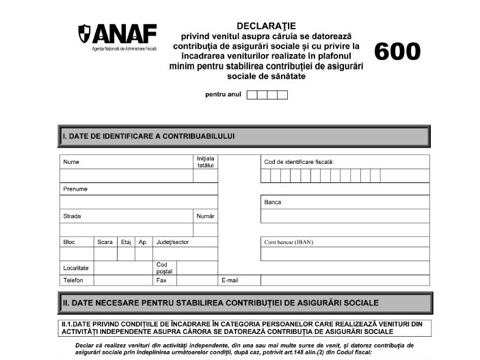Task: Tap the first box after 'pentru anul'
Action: click(252, 95)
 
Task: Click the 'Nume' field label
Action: click(71, 163)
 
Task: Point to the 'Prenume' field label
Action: click(75, 189)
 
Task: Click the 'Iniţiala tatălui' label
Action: click(205, 162)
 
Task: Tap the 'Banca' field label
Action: click(272, 202)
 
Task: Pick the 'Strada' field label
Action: click(72, 216)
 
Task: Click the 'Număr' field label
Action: click(205, 216)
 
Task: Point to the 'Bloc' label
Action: click(69, 242)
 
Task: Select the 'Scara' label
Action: click(105, 242)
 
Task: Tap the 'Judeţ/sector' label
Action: click(172, 242)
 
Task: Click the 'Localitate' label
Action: click(76, 268)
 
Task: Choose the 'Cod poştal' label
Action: click(164, 268)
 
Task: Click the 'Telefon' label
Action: click(73, 280)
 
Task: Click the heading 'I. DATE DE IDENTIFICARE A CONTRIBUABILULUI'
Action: click(148, 136)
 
